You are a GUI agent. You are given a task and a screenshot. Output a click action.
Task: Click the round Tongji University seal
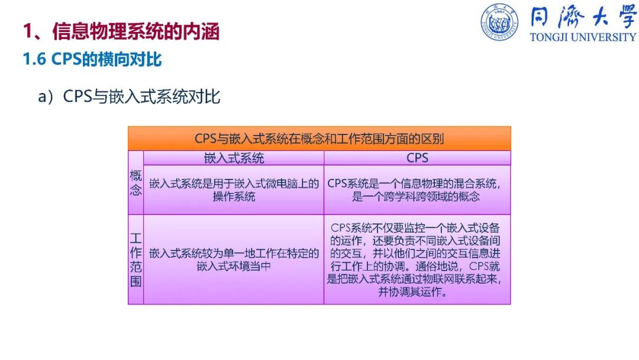[499, 22]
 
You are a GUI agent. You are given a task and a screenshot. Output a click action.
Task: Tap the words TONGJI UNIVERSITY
[583, 37]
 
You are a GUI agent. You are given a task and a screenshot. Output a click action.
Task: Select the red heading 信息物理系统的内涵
[136, 31]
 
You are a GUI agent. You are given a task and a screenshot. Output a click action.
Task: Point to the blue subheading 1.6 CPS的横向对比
[92, 59]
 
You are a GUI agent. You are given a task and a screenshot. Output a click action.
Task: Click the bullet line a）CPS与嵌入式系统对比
[129, 97]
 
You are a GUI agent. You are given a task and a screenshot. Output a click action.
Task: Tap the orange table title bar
[319, 139]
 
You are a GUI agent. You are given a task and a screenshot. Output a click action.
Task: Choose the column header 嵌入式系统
[234, 157]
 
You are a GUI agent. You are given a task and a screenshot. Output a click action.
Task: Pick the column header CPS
[417, 157]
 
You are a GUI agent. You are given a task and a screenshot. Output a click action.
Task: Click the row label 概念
[135, 182]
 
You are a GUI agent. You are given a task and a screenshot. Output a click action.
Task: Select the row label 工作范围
[135, 260]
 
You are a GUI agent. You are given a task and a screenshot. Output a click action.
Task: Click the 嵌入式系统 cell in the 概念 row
[234, 190]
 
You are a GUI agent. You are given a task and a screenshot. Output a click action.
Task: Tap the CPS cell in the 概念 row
[417, 190]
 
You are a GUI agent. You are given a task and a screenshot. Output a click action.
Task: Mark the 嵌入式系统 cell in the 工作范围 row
[234, 260]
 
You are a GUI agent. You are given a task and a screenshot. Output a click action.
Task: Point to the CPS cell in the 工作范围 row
[417, 260]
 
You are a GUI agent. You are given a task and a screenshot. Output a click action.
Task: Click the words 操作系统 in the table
[234, 197]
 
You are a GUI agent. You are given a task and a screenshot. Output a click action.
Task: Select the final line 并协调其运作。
[412, 292]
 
